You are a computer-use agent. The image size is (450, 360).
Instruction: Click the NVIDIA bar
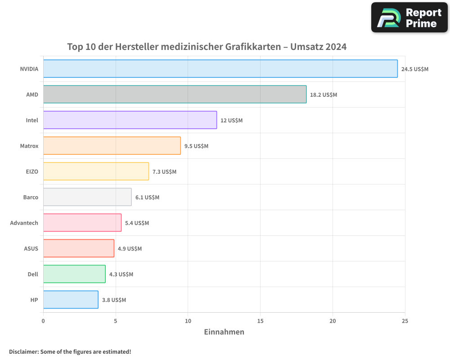point(220,69)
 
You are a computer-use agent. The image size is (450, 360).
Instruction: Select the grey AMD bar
point(175,94)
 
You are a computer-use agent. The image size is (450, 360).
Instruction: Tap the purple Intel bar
point(130,120)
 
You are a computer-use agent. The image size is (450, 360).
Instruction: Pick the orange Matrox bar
point(112,146)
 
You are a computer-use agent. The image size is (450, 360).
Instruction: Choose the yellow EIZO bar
point(96,171)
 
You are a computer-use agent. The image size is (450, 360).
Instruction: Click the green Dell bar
point(74,274)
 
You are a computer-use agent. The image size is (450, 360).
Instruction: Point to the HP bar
point(71,300)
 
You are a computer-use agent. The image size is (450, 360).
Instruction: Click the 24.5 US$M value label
point(415,69)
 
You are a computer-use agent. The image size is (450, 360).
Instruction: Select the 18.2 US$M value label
point(324,95)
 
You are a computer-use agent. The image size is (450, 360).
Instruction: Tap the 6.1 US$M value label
point(147,198)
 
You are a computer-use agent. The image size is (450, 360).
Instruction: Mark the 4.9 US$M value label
point(130,249)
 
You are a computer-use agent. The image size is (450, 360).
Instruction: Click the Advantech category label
point(24,223)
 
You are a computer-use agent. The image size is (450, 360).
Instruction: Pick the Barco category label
point(31,198)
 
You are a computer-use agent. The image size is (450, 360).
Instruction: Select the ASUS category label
point(31,249)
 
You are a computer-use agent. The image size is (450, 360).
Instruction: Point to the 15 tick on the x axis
point(260,321)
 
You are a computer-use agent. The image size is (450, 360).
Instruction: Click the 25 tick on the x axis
point(405,321)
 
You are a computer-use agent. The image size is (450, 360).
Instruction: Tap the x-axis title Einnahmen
point(224,332)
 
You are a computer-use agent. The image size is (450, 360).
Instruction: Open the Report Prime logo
point(409,18)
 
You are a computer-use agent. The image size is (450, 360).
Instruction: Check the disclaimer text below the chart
point(70,351)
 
